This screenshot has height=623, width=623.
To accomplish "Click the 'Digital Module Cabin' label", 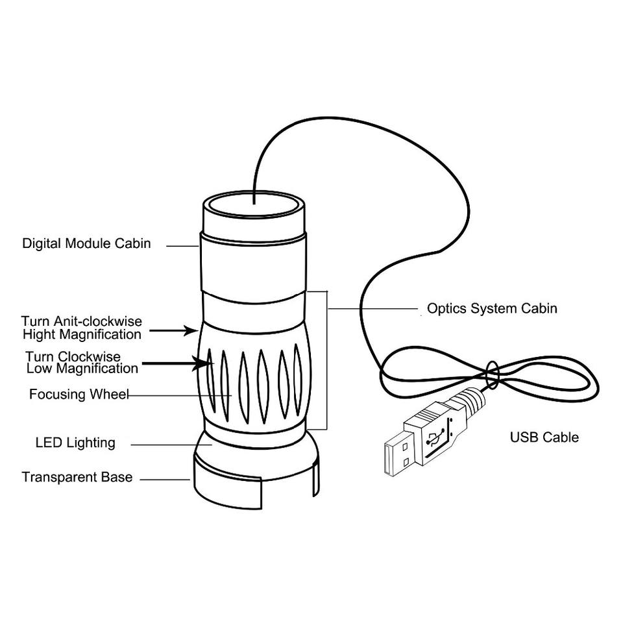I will tap(86, 244).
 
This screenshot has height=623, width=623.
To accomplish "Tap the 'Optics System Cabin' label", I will tap(491, 308).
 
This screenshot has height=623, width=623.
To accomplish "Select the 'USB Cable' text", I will tap(544, 437).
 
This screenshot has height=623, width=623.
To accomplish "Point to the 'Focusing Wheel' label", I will tap(79, 395).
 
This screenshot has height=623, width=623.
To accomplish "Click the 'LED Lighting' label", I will tap(75, 443).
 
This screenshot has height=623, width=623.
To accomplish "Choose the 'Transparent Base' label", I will tap(77, 478).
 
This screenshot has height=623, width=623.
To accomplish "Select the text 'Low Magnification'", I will tap(82, 369).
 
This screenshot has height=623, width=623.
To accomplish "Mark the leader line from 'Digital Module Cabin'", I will tap(182, 245).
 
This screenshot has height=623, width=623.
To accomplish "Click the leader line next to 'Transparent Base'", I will tap(165, 480).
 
